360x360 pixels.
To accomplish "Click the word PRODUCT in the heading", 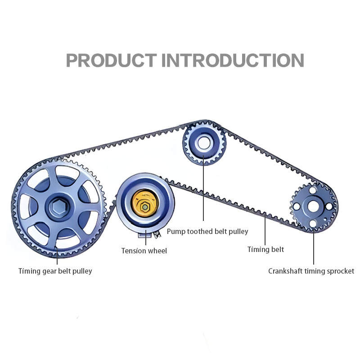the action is [x=111, y=60].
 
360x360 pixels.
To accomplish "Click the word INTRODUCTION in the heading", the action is [x=232, y=60].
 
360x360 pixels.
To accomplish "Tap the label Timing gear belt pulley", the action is [x=55, y=271].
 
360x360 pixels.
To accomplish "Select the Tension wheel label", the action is [x=144, y=251].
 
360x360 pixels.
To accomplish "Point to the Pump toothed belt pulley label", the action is [x=207, y=232].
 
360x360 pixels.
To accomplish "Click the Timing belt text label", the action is [x=265, y=249].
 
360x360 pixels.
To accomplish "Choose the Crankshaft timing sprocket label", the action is [x=311, y=271].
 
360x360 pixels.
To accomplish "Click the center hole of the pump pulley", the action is [x=203, y=143].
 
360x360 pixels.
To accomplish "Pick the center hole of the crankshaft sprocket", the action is [x=313, y=207].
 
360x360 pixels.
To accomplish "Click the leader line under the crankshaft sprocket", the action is [x=314, y=247].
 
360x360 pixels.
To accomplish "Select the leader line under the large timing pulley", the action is [x=57, y=257].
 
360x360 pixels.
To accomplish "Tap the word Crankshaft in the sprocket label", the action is [x=285, y=271].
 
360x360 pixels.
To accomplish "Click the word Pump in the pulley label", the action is [x=175, y=232].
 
